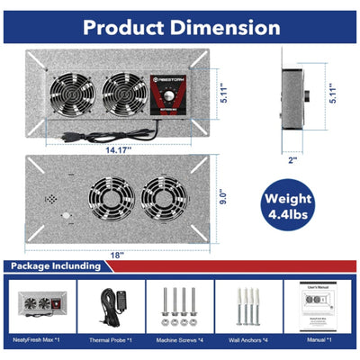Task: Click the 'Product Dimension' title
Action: coord(180,24)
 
